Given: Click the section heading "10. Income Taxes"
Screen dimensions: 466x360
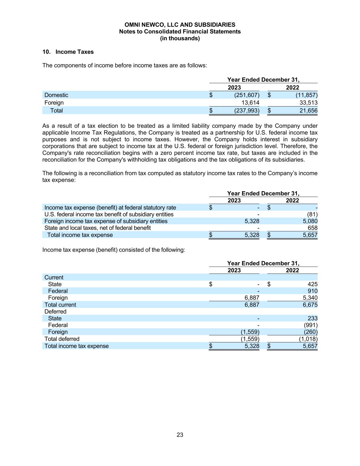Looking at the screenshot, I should (x=68, y=52).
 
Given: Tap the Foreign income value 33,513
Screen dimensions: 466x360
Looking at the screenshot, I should (x=308, y=103).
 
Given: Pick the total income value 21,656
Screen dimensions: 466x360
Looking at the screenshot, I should (x=308, y=111).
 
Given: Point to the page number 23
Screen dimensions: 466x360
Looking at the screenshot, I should (x=180, y=435).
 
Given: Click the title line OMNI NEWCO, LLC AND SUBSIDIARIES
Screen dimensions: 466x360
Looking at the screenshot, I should (x=180, y=25).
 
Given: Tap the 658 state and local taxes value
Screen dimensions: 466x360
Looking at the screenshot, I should (x=312, y=228).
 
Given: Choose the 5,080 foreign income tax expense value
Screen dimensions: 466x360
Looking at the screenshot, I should (x=310, y=221).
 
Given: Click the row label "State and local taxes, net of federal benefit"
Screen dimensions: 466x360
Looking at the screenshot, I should (x=98, y=228).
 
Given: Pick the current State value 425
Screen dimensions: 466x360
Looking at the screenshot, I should (x=312, y=284).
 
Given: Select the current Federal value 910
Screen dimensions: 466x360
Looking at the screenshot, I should (x=312, y=291).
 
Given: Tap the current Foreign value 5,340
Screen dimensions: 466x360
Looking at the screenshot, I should (x=310, y=298).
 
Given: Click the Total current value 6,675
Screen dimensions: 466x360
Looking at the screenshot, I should (x=310, y=305).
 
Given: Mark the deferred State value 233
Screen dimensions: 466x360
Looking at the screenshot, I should (x=312, y=319).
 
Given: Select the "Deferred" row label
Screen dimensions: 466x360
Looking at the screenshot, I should (x=55, y=312).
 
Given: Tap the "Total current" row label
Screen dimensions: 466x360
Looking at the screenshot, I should (x=60, y=305).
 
